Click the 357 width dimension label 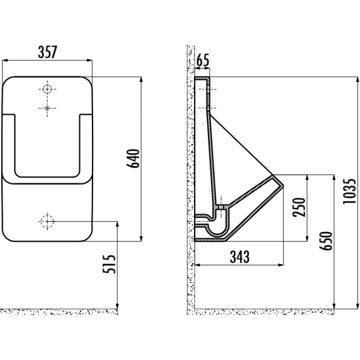[48, 52]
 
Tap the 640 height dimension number [133, 158]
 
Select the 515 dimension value [109, 264]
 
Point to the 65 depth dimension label [203, 60]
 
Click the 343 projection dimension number [240, 257]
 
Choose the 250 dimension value [299, 207]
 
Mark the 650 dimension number [326, 241]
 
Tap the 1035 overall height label [349, 191]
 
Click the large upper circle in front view [47, 89]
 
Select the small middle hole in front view [47, 108]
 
